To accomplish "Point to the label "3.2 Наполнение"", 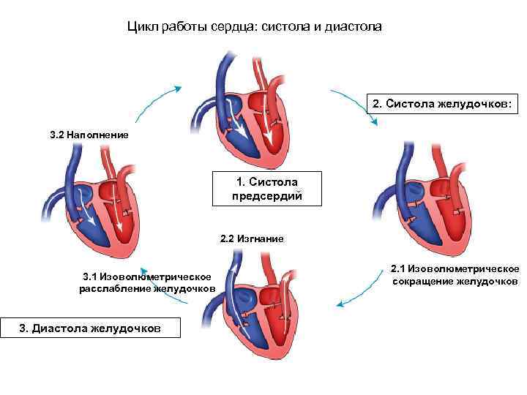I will coord(89,135).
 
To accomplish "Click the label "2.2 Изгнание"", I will coord(252,238).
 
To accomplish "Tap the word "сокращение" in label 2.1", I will coord(423,282).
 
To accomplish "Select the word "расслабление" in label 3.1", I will coord(114,289).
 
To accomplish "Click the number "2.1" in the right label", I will coord(400,268).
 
